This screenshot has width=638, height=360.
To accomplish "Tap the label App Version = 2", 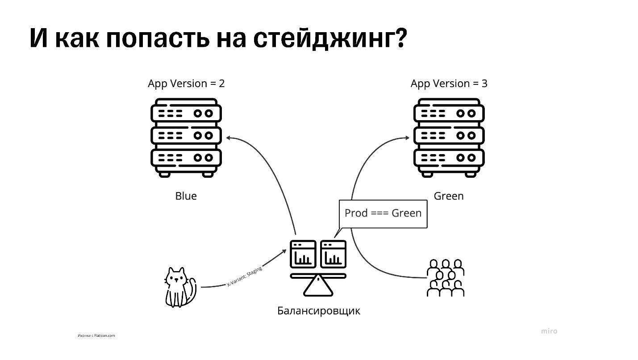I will (186, 84).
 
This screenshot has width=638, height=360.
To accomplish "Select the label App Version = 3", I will (449, 84).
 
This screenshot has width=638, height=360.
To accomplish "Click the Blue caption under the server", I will (186, 196).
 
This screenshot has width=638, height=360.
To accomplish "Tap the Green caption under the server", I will (449, 196).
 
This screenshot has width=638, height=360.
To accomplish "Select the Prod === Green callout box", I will (383, 213).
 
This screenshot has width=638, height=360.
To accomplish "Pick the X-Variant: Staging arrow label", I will (244, 276).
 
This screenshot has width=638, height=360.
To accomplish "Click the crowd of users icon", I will (446, 278).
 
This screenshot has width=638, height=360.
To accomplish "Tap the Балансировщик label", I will (318, 311).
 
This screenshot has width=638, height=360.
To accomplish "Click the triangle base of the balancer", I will (318, 287).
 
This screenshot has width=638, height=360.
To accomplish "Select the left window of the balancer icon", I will (303, 254).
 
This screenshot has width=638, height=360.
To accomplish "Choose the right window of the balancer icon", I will (333, 254).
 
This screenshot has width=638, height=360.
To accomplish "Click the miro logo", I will (549, 331).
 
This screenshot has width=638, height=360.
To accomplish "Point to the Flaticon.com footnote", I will (96, 335).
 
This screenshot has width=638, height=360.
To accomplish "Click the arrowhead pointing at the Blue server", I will (229, 138).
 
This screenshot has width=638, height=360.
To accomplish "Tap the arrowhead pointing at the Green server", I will (407, 138).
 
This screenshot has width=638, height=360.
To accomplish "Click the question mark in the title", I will (401, 38).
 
